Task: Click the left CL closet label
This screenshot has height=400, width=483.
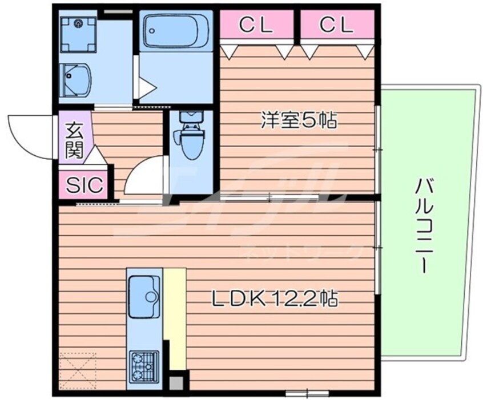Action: point(255,24)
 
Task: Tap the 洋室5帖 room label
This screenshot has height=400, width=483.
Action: point(299,120)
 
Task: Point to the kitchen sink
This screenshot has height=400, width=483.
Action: point(144,296)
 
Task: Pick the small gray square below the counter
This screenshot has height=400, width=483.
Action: point(178,383)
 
